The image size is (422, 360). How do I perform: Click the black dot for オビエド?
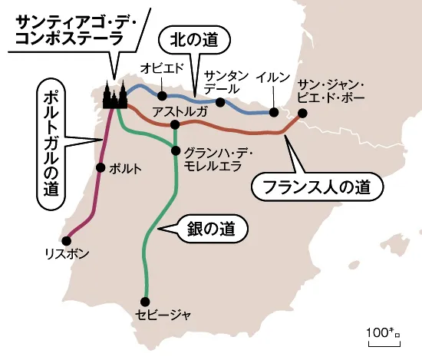tap(163, 96)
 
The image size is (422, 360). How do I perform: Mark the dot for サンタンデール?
tap(220, 102)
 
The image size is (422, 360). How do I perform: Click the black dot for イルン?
tap(273, 113)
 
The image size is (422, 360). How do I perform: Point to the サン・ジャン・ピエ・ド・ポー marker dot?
tap(302, 113)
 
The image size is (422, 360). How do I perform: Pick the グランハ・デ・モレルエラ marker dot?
tap(176, 150)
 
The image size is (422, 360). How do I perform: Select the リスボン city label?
tap(68, 253)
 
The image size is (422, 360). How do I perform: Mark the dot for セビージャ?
tap(143, 300)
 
